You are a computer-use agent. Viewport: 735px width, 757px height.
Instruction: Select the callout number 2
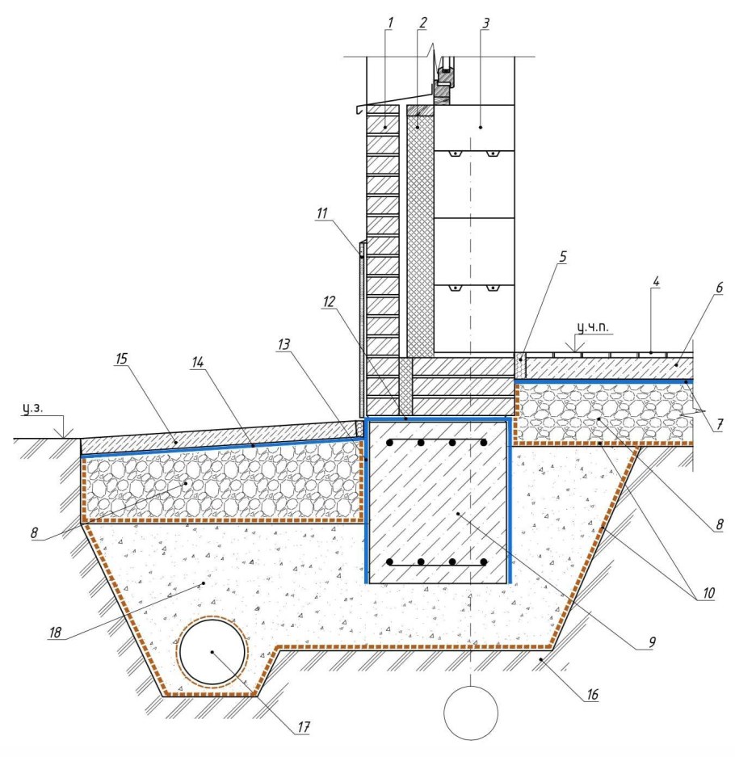coord(422,22)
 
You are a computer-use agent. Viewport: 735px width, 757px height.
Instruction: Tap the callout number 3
coord(485,22)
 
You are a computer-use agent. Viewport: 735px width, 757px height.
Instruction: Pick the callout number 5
coord(562,257)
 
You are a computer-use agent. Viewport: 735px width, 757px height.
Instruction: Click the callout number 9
coord(651,643)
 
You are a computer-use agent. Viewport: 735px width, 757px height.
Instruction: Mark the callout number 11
coord(322,213)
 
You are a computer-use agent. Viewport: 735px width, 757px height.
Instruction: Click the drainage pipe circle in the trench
coord(212,652)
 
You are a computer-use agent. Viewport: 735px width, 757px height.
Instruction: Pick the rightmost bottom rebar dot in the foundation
coord(483,561)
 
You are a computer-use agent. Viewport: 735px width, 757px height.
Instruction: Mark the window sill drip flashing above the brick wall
coord(376,108)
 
